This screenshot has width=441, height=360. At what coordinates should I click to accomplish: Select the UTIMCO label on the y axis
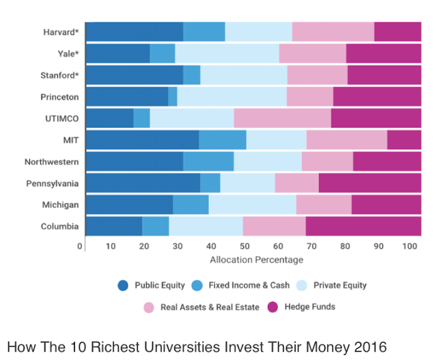[63, 119]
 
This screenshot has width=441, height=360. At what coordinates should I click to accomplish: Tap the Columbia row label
[60, 226]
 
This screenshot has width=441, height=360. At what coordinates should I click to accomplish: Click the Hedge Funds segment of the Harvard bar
[398, 32]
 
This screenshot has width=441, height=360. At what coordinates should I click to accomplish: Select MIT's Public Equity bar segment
[142, 140]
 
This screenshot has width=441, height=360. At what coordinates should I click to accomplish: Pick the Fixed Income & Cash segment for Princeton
[172, 97]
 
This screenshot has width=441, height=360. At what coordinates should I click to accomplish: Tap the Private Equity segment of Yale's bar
[227, 53]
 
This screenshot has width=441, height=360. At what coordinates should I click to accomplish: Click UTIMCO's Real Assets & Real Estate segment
[283, 119]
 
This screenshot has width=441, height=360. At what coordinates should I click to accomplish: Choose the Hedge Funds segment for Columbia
[363, 226]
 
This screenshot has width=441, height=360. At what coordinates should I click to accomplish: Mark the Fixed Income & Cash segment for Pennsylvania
[210, 183]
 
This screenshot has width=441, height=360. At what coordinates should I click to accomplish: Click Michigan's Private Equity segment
[252, 205]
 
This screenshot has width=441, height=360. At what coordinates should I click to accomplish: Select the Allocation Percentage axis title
[256, 260]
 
